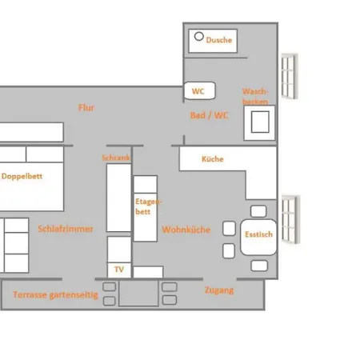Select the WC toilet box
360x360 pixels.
[x=198, y=91]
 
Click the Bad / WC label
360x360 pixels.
[x=209, y=115]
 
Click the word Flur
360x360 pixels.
[x=86, y=107]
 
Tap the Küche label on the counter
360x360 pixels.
[x=212, y=159]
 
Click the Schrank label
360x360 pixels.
[x=116, y=158]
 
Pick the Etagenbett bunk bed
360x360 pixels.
[x=145, y=208]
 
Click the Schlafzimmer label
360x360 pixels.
[x=66, y=229]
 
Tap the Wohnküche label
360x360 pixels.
[x=186, y=230]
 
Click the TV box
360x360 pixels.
[x=118, y=270]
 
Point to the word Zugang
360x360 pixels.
[x=218, y=290]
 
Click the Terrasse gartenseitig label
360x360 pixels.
[x=55, y=294]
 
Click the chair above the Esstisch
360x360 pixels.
[x=258, y=210]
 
